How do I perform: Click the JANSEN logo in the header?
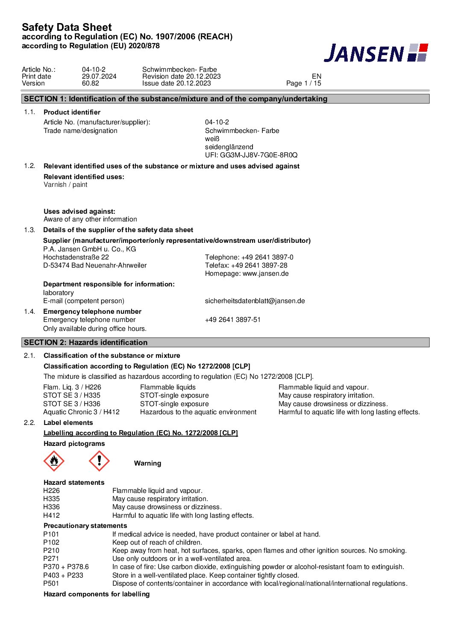point(376,53)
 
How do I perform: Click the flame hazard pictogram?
point(54,461)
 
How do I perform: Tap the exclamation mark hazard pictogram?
point(99,461)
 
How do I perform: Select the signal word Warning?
point(147,463)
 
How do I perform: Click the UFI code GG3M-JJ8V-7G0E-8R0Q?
point(251,155)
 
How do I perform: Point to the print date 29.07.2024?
point(99,77)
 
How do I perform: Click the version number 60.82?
point(91,83)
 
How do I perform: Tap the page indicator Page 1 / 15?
point(303,83)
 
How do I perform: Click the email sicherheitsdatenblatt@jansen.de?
point(255,301)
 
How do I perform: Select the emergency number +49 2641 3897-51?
point(233,320)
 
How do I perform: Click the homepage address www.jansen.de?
point(265,274)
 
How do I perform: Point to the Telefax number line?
point(246,265)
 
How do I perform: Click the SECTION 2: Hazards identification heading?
point(85,342)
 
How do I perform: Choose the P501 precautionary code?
point(51,584)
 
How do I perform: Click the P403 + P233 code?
point(63,575)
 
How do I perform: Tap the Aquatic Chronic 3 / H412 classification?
point(81,412)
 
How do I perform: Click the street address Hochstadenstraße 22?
point(76,257)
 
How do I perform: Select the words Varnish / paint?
point(65,185)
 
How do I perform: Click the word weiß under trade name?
point(212,139)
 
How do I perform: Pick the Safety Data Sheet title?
point(67,27)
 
